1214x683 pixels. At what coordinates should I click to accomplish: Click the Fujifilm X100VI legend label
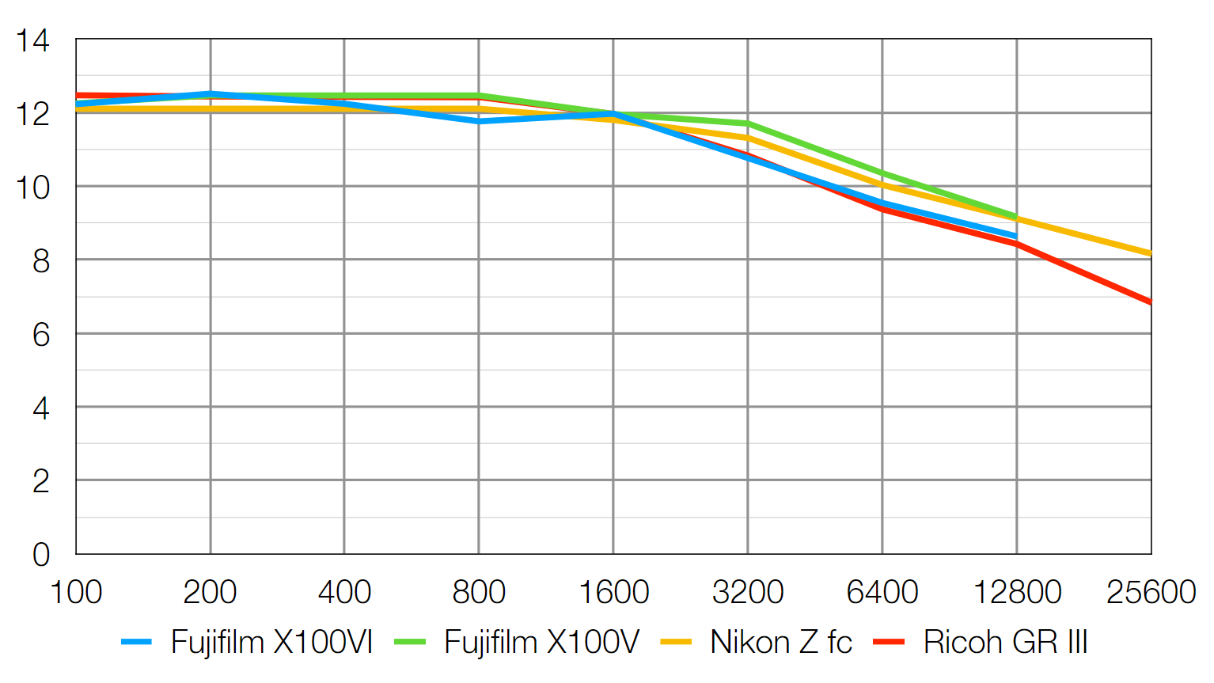[271, 642]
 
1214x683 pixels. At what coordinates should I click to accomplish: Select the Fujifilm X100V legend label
[541, 642]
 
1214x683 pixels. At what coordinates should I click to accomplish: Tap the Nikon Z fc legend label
[780, 642]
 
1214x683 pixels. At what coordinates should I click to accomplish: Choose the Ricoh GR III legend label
[1005, 642]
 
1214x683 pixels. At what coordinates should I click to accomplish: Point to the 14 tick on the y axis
[32, 40]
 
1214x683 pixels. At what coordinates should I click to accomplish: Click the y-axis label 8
[40, 261]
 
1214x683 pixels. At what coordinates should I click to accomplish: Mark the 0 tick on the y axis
[40, 555]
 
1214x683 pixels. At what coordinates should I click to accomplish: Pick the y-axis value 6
[40, 335]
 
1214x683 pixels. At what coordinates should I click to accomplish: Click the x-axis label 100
[76, 592]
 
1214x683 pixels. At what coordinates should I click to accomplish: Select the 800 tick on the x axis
[479, 592]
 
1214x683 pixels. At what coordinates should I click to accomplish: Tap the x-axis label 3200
[748, 592]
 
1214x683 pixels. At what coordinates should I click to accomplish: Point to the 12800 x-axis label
[1017, 592]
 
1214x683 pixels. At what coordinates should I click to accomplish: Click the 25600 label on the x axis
[1151, 592]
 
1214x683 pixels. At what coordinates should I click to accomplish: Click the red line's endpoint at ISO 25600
[1150, 302]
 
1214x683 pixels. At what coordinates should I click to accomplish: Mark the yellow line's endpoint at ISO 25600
[1150, 253]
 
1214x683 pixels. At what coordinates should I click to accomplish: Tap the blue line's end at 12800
[1016, 236]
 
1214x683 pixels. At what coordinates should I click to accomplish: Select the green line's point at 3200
[748, 123]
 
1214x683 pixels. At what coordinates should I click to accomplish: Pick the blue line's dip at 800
[479, 121]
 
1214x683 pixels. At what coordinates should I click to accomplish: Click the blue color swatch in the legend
[136, 642]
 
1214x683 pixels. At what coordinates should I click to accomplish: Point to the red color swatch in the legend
[889, 642]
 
